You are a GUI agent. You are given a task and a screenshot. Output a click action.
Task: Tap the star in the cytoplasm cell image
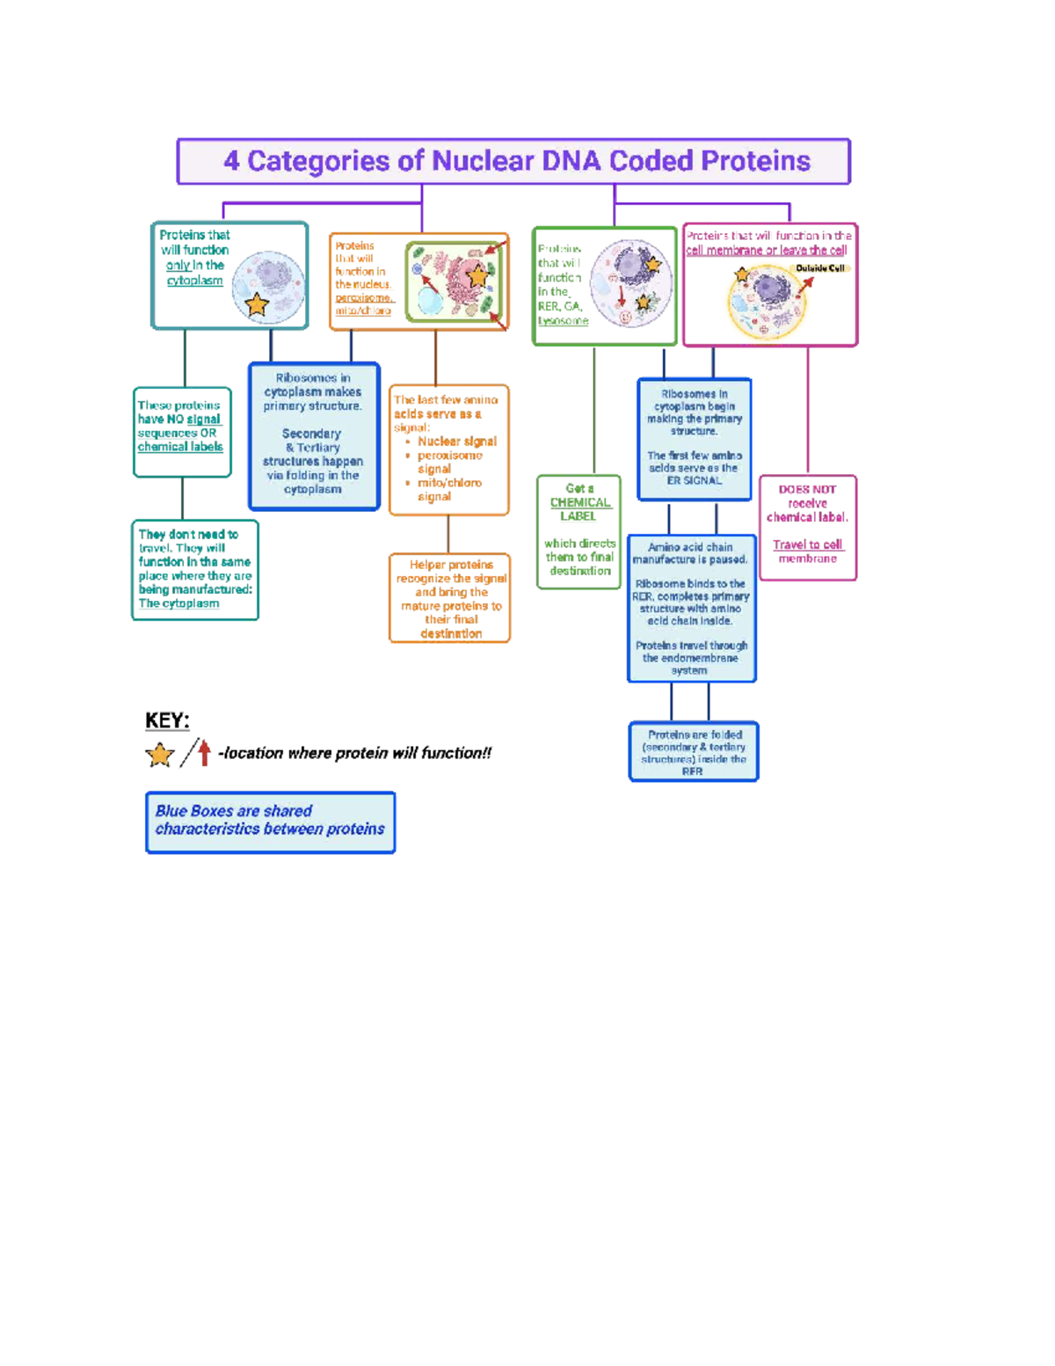257,304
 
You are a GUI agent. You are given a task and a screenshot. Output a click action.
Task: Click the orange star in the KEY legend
160,755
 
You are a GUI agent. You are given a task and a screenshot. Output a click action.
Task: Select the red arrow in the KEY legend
204,752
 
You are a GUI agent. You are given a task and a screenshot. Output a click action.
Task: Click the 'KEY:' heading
167,720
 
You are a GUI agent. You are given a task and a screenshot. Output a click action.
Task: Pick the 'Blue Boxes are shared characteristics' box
270,822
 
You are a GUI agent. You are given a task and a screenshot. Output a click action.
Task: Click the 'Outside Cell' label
819,268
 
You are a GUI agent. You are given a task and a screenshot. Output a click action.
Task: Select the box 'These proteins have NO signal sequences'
182,431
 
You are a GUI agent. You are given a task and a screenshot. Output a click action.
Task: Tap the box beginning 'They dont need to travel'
194,569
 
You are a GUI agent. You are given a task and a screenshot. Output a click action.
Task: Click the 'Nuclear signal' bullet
456,442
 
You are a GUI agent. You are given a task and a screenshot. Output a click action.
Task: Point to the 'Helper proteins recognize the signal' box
450,598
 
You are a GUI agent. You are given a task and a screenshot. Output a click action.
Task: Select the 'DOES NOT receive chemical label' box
807,526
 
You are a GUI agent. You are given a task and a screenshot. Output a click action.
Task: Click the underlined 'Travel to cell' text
807,544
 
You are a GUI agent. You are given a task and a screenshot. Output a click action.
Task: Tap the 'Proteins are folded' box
693,751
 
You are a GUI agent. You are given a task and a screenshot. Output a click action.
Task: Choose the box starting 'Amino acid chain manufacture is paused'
691,608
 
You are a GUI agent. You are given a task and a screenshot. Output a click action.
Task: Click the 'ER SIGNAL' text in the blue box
694,480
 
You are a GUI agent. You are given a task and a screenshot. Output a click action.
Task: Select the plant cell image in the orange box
456,281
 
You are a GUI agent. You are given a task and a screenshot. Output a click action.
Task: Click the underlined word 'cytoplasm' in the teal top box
194,281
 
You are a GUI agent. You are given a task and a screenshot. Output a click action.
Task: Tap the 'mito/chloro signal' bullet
448,489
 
